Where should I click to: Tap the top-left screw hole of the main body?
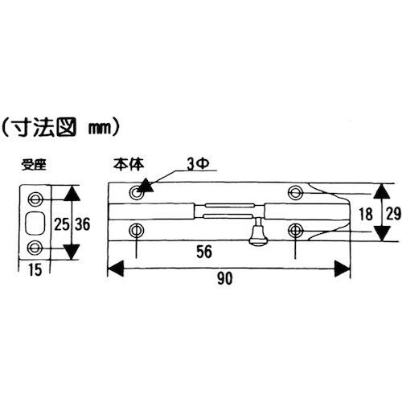(134, 193)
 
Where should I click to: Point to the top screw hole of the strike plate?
(35, 199)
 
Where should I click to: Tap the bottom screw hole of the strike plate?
(35, 246)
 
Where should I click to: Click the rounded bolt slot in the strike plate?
(36, 222)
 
